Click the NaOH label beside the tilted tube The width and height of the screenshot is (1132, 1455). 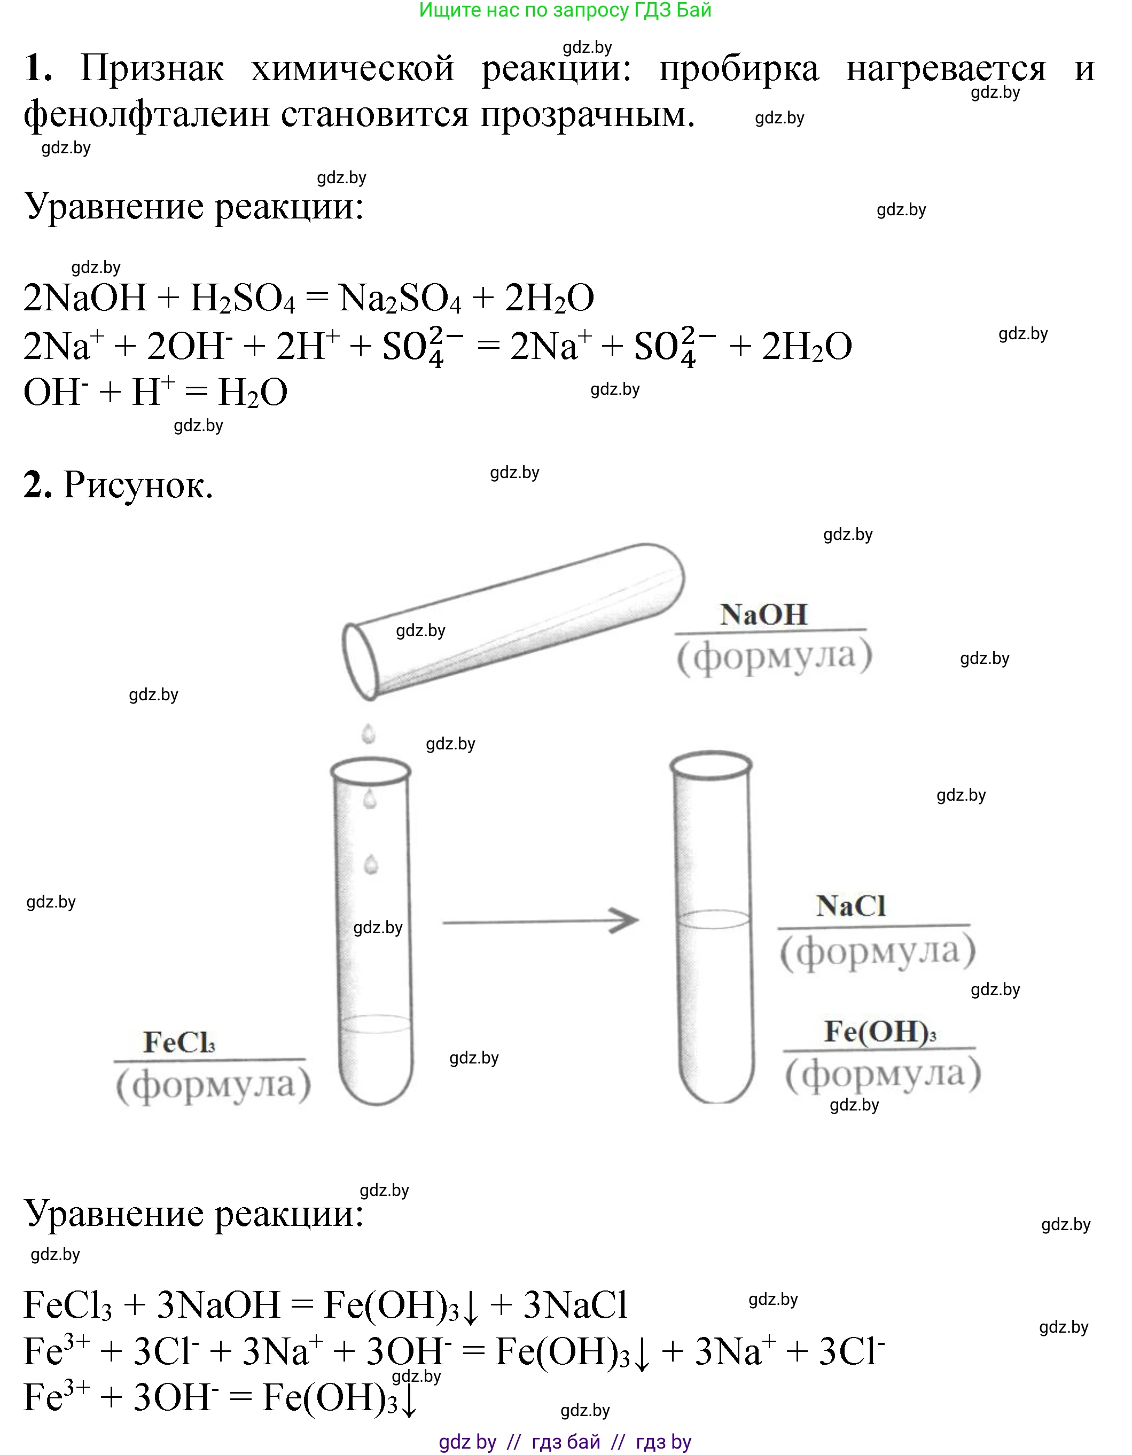(763, 614)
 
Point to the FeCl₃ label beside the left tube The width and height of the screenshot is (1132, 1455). (178, 1043)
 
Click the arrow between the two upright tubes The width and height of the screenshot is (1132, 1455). (540, 921)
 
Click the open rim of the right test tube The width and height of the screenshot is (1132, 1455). (711, 765)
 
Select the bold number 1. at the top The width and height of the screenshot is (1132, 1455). (38, 68)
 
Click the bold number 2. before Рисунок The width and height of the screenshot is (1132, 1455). (37, 484)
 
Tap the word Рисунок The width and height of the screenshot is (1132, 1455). (138, 485)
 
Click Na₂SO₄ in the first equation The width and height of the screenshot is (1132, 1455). (399, 298)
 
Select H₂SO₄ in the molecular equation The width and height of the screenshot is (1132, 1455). (243, 298)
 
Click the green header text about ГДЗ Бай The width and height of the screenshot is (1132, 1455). (565, 10)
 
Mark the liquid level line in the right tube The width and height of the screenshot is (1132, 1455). (714, 919)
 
